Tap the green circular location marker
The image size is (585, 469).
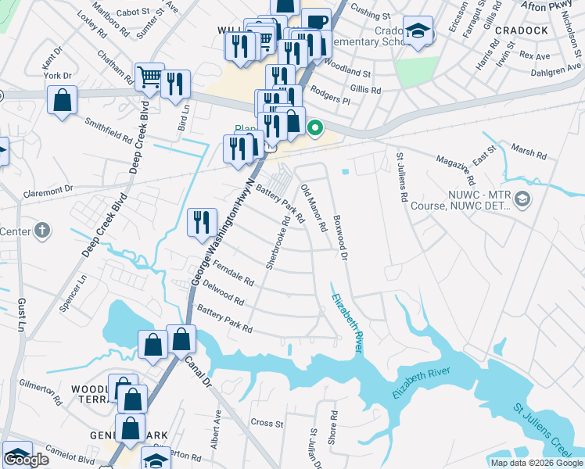coord(315,128)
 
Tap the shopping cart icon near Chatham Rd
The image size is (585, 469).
coord(149,77)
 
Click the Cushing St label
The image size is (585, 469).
coord(370,15)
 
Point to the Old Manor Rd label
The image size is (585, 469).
coord(314,206)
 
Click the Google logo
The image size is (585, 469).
coord(27,460)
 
